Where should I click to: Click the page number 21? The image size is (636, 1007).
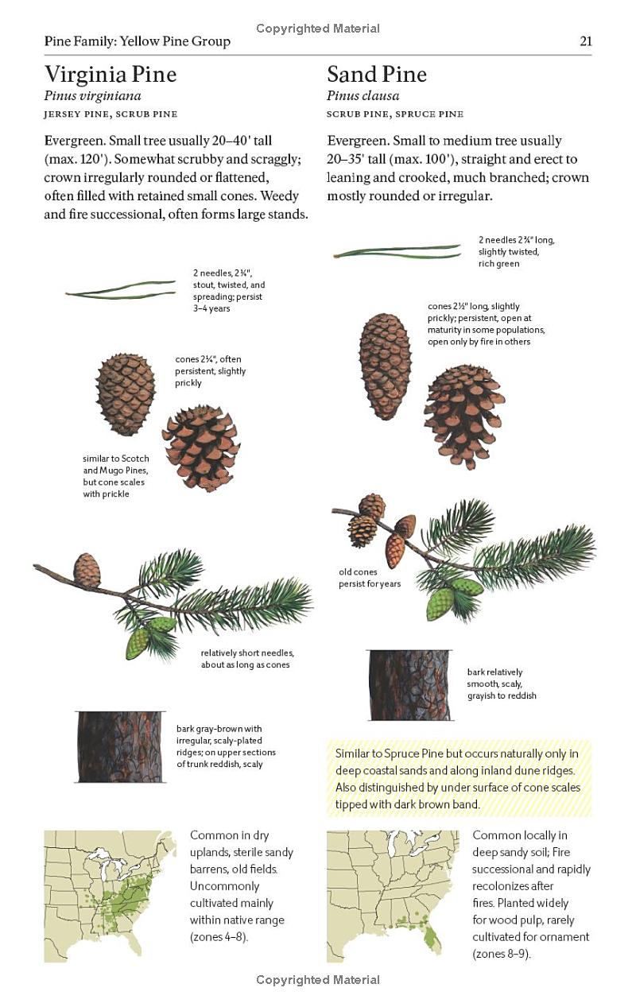pos(585,41)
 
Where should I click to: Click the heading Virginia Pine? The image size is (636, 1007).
pos(111,75)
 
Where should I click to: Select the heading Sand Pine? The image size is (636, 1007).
pos(377,75)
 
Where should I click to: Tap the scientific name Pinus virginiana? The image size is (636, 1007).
pos(92,96)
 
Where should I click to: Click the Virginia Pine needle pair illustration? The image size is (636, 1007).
pos(121,289)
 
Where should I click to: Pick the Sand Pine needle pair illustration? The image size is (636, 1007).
pos(397,253)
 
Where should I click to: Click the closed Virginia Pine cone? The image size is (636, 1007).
pos(126,393)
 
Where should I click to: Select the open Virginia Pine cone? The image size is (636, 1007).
pos(201,447)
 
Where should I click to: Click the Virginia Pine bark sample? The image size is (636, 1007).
pos(120,746)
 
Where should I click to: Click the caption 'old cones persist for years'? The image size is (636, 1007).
pos(370,578)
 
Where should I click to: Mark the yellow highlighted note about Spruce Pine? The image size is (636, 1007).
pos(459,778)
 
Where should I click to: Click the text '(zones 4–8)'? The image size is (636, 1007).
pos(219,937)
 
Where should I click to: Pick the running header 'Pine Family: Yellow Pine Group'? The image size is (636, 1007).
pos(138,41)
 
